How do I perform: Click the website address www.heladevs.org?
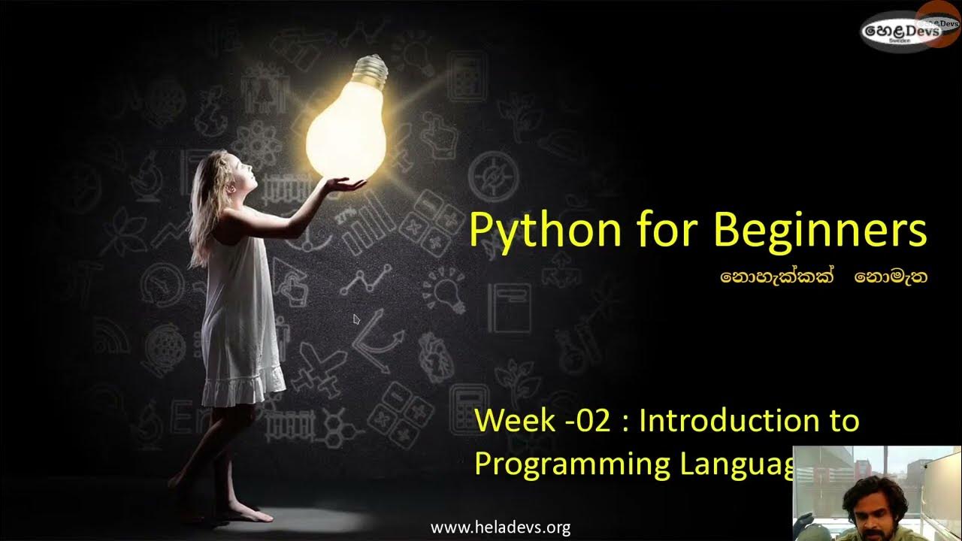pyautogui.click(x=500, y=527)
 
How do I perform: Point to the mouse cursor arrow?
pyautogui.click(x=356, y=319)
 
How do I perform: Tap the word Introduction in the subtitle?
pyautogui.click(x=723, y=421)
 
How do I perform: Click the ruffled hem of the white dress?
pyautogui.click(x=244, y=390)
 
